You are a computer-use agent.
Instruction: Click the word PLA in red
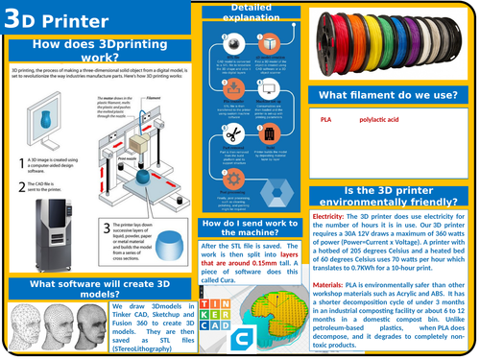coord(325,120)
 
